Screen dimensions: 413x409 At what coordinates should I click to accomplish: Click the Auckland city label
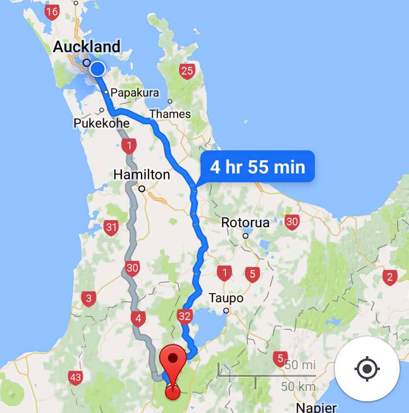86,46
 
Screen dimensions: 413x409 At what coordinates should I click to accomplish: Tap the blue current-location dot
97,69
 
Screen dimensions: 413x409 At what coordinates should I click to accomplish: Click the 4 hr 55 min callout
257,167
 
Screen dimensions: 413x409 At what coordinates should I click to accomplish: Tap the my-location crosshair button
367,368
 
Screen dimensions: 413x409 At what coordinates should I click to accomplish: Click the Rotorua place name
245,223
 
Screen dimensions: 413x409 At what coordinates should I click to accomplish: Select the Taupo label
226,298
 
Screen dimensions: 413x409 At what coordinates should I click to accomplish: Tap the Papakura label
135,93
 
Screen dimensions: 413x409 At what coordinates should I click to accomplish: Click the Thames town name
170,114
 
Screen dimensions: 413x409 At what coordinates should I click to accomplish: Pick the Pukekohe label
101,123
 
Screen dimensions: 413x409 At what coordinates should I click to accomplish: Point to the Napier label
316,407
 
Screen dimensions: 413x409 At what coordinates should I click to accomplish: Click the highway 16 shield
52,12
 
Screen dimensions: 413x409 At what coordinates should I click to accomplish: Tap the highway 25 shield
187,71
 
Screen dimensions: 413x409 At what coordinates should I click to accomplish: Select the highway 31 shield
111,227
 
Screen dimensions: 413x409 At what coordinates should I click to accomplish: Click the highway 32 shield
185,316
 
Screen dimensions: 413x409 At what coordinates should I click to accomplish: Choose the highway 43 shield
75,377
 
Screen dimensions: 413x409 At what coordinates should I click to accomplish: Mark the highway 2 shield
389,277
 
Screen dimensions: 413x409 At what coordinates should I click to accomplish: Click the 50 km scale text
298,387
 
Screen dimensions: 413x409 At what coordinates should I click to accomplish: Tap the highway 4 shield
138,318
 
